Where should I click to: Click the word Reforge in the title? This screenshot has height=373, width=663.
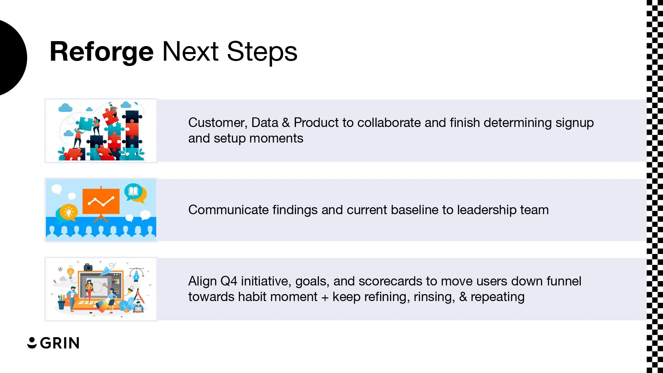tap(101, 52)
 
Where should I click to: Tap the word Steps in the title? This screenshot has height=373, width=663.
tap(262, 52)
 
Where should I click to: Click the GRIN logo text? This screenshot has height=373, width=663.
tap(60, 343)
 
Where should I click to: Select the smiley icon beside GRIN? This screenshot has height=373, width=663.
tap(32, 343)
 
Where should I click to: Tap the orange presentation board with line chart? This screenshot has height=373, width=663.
tap(101, 201)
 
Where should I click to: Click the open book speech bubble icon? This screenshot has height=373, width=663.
tap(133, 191)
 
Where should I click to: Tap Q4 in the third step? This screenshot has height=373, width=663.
tap(229, 281)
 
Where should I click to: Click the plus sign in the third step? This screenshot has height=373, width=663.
tap(325, 297)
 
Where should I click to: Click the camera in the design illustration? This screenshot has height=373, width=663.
tap(88, 267)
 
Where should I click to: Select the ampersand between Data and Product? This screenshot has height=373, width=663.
tap(286, 123)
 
